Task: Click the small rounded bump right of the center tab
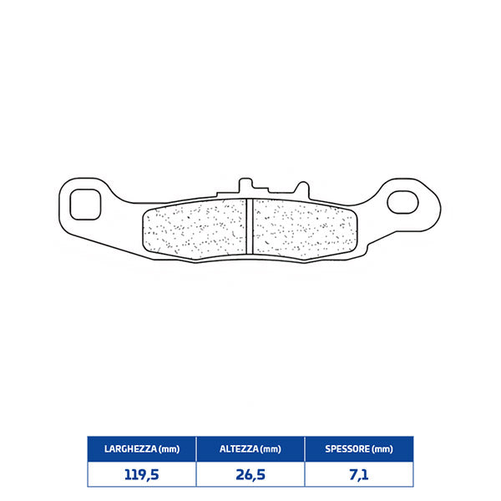[296, 189]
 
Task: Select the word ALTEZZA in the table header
[237, 448]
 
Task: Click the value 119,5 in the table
[142, 474]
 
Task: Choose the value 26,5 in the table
[250, 474]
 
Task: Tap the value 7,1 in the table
[359, 474]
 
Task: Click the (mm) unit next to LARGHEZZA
[169, 448]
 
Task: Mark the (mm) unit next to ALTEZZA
[270, 448]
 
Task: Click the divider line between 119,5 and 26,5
[196, 474]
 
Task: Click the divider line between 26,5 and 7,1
[305, 474]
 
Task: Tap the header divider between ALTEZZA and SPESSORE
[305, 448]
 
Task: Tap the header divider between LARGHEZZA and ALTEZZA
[196, 448]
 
